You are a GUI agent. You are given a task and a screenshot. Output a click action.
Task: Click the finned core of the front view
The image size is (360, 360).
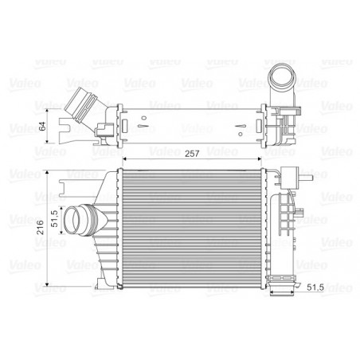[191, 227]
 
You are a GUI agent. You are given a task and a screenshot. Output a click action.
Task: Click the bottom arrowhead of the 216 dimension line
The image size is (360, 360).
[50, 284]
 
